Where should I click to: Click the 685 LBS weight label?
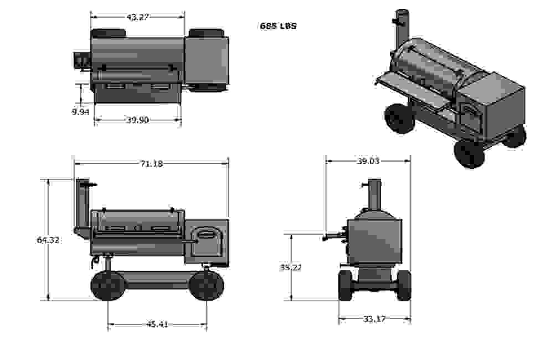coord(278,26)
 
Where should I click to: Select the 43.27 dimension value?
coord(137,17)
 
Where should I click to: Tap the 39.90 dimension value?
coord(137,120)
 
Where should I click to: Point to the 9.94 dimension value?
coord(80,112)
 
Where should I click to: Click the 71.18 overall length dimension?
coord(151,163)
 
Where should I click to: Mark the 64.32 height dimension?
coord(48,240)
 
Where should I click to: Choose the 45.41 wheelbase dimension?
coord(157,324)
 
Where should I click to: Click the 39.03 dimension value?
coord(368,161)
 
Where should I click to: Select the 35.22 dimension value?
coord(291,268)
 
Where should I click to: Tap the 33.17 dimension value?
coord(374,318)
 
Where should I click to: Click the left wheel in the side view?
coord(108,285)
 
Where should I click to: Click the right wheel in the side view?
coord(207,285)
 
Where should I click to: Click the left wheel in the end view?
coord(345,285)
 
